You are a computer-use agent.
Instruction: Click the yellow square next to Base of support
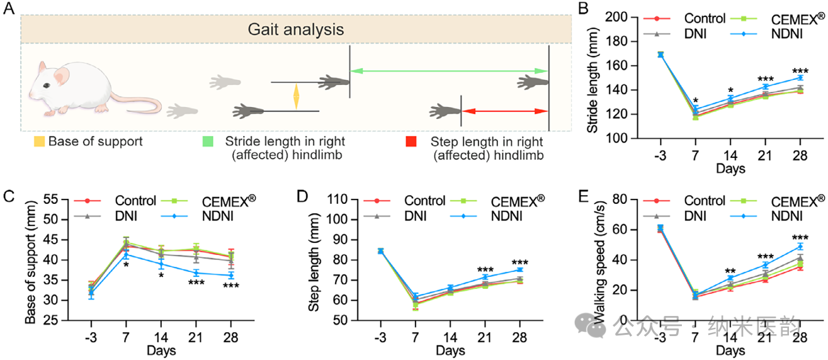pos(40,142)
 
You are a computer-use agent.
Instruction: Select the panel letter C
pos(9,195)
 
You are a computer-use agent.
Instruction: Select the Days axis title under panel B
pos(729,168)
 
